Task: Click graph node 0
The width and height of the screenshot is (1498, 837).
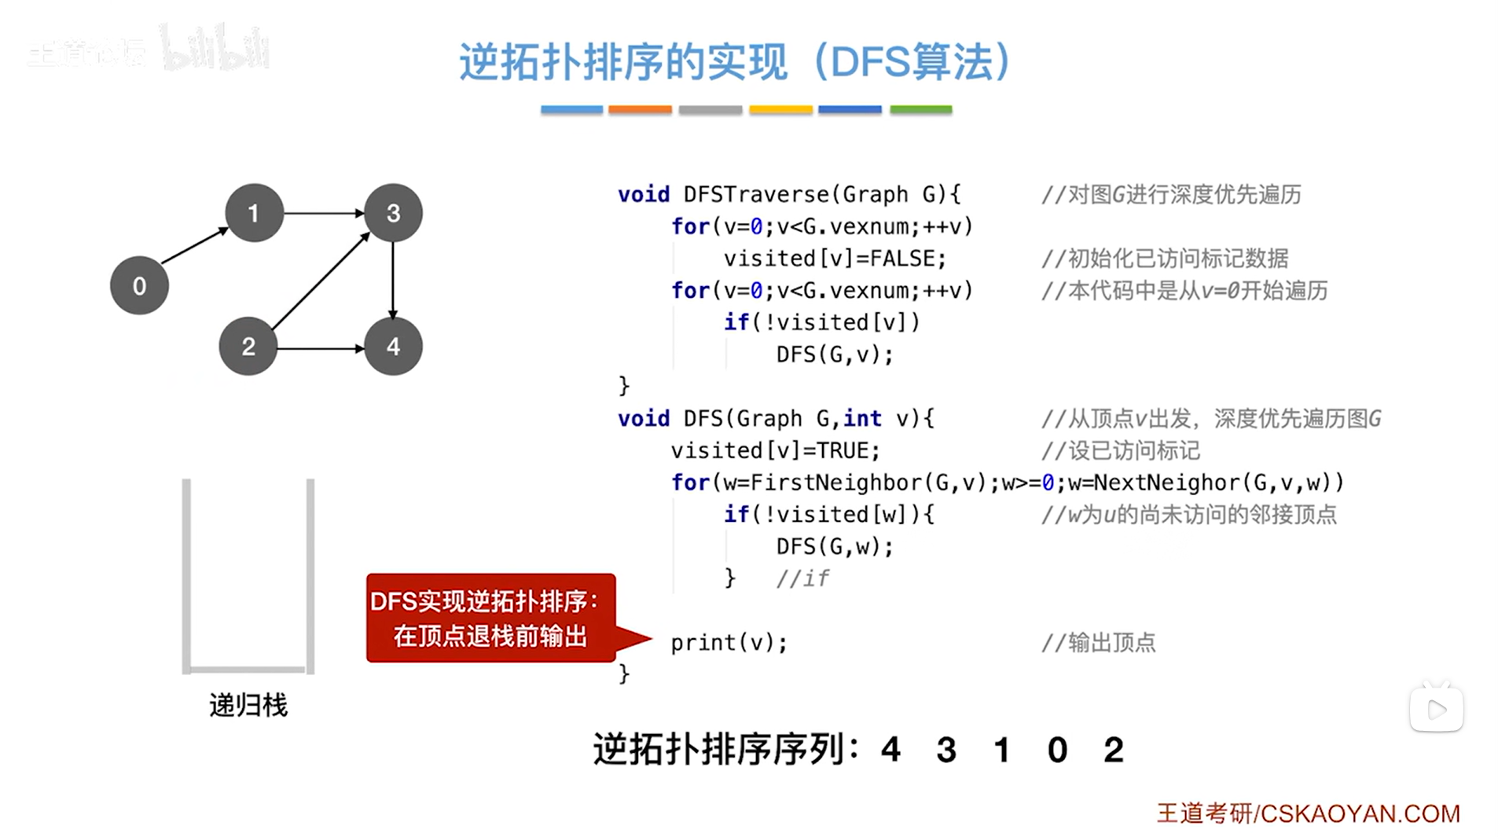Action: (x=139, y=285)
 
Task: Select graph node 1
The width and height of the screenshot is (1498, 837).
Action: (x=254, y=213)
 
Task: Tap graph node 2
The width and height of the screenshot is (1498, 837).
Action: (x=248, y=347)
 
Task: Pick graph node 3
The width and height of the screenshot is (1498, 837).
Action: (x=393, y=213)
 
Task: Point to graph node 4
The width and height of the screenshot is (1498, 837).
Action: (x=393, y=347)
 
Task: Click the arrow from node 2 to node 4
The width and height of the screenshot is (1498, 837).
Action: (x=321, y=348)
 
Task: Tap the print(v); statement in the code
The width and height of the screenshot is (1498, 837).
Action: (x=729, y=643)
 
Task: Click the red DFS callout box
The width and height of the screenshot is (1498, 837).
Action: (x=490, y=619)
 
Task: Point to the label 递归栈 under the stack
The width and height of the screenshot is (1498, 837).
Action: (x=248, y=705)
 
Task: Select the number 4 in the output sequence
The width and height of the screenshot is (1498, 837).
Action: (x=890, y=750)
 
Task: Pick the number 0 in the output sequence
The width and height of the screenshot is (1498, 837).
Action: (x=1057, y=750)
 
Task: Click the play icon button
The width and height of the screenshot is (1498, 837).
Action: (x=1436, y=710)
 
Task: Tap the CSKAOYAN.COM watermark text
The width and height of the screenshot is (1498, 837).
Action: (x=1360, y=813)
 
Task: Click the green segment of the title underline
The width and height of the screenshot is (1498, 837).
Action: (x=920, y=110)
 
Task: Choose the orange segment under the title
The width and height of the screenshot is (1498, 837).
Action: (x=640, y=110)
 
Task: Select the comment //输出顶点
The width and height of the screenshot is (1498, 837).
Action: (x=1098, y=643)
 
